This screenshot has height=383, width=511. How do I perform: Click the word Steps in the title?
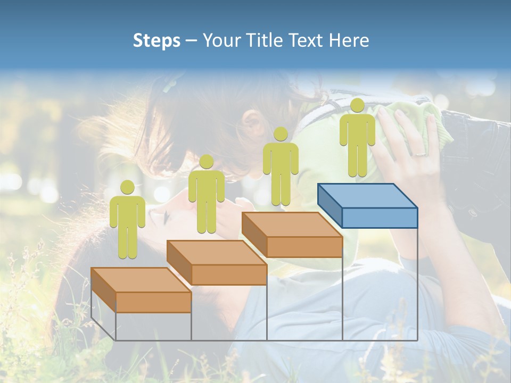point(156,41)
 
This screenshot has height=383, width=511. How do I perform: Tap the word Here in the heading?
point(349,40)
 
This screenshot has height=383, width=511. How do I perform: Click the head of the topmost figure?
point(357,105)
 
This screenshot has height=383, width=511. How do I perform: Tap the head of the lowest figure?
point(127,187)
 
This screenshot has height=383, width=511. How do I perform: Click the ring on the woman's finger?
point(420,154)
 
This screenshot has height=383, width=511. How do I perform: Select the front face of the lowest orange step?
point(153,302)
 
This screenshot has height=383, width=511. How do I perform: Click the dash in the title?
point(192,41)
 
